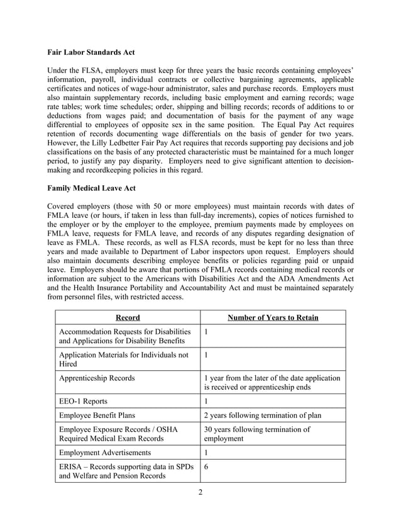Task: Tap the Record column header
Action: coord(128,317)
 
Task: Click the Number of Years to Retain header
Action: coord(273,317)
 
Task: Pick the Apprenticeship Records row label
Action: coord(96,378)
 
